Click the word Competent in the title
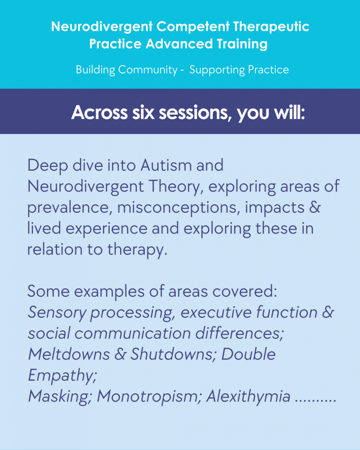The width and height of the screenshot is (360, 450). pyautogui.click(x=193, y=27)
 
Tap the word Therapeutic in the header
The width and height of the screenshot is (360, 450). pyautogui.click(x=271, y=27)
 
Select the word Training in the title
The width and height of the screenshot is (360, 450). pyautogui.click(x=242, y=44)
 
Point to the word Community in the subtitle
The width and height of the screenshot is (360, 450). pyautogui.click(x=148, y=70)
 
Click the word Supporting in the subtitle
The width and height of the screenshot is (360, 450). pyautogui.click(x=217, y=70)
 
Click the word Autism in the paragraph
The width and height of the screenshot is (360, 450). pyautogui.click(x=166, y=165)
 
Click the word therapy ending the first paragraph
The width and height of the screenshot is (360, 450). pyautogui.click(x=137, y=250)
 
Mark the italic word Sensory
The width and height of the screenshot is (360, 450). pyautogui.click(x=57, y=312)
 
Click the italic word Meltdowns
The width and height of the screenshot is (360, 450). pyautogui.click(x=69, y=354)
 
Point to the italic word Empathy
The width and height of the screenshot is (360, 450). pyautogui.click(x=62, y=375)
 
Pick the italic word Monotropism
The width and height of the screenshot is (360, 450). pyautogui.click(x=149, y=396)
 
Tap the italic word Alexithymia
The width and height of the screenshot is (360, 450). pyautogui.click(x=248, y=396)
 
